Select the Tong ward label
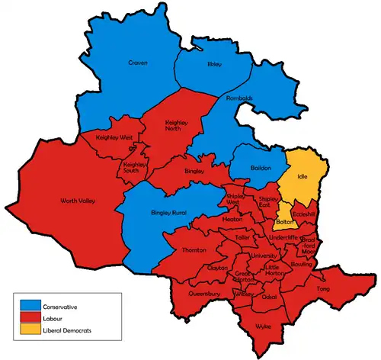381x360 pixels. (x=323, y=290)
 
